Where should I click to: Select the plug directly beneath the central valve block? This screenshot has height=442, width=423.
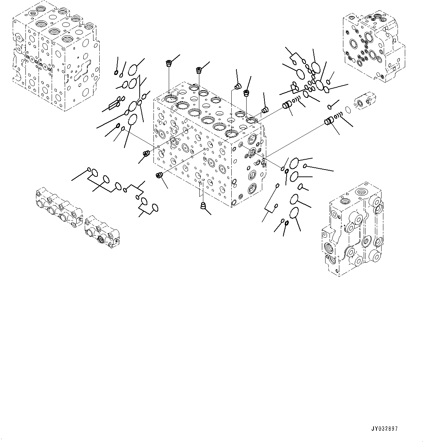click(203, 207)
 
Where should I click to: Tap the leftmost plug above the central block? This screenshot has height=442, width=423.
click(169, 64)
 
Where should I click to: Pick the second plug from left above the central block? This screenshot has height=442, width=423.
click(199, 69)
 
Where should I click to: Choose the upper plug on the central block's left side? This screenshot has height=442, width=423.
click(147, 154)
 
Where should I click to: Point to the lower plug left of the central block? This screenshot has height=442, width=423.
click(159, 175)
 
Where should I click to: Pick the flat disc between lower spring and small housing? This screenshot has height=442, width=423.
click(348, 109)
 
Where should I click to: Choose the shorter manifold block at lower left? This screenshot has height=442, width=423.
click(102, 232)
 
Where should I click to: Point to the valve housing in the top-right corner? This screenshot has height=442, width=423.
click(373, 47)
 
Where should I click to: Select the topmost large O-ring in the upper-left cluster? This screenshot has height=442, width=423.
click(133, 69)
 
